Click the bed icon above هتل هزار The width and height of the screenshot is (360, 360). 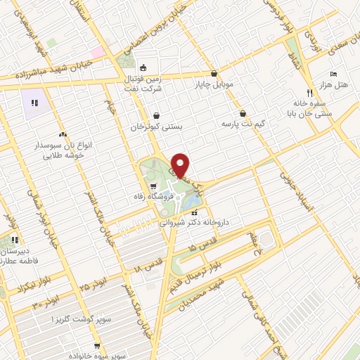pyautogui.click(x=334, y=74)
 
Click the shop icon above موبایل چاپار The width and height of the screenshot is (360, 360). pyautogui.click(x=214, y=72)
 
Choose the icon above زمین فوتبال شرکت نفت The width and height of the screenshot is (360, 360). pyautogui.click(x=144, y=68)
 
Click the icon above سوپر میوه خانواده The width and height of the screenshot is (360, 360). pyautogui.click(x=96, y=345)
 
